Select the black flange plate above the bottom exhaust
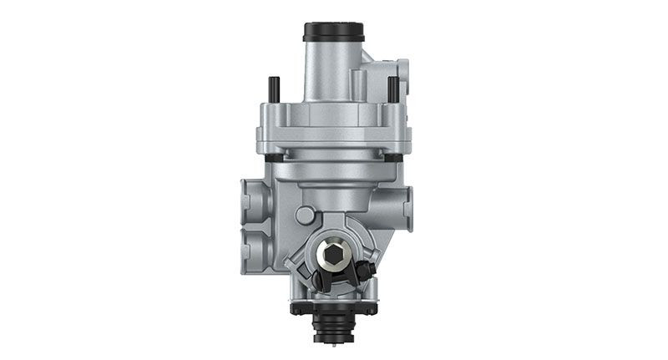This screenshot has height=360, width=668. click(x=334, y=308)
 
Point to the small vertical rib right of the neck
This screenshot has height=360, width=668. click(x=358, y=84)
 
